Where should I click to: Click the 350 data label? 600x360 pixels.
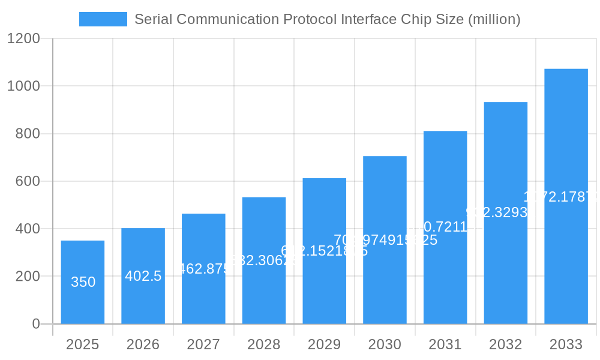(x=83, y=282)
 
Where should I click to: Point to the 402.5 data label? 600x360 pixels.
(x=143, y=276)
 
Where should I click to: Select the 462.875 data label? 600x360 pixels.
(x=204, y=269)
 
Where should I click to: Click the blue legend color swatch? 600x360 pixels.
(x=103, y=19)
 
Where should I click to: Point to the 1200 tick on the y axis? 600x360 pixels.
(x=23, y=39)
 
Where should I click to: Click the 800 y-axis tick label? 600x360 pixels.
(x=27, y=134)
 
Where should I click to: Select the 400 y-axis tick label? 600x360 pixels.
(x=27, y=229)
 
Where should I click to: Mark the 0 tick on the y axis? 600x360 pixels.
(x=35, y=324)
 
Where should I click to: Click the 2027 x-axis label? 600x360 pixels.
(x=203, y=344)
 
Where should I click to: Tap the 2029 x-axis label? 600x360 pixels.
(x=324, y=344)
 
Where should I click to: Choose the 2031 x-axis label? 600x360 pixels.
(x=445, y=344)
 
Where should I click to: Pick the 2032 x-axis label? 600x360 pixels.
(x=505, y=344)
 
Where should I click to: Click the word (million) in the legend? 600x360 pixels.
(x=494, y=19)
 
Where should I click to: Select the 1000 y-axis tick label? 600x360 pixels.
(x=23, y=86)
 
